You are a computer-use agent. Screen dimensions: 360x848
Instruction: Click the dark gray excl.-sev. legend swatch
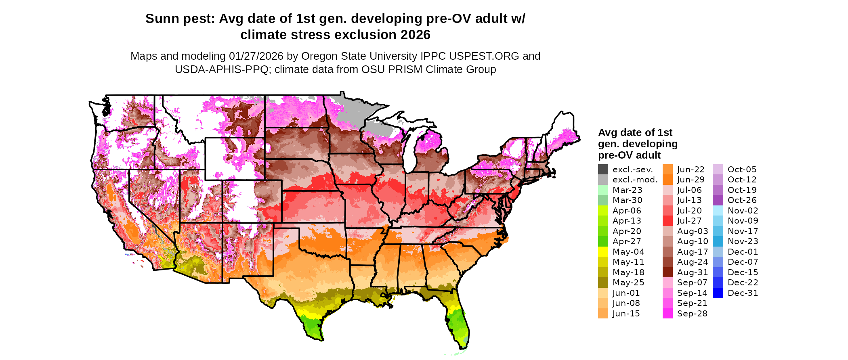coord(603,170)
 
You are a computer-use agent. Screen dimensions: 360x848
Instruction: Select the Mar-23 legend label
coord(627,190)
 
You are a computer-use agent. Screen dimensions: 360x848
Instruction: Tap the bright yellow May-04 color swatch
coord(603,252)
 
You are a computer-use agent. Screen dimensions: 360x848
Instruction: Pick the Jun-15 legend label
coord(626,314)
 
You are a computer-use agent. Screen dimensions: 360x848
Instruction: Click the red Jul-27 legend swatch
coord(667,221)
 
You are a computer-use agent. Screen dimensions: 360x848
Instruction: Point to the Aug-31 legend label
coord(692,272)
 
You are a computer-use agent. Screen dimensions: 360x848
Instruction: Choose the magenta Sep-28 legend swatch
coord(667,314)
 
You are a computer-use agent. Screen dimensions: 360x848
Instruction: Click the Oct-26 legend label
coord(742,200)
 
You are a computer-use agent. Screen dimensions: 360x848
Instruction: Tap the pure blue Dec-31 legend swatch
coord(718,293)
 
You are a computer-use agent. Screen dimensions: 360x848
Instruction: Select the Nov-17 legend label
coord(743,231)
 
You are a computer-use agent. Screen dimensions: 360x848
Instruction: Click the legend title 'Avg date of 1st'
coord(635,133)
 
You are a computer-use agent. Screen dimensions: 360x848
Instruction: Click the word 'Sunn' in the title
coord(160,19)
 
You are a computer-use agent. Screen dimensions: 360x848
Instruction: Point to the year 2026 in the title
coord(416,35)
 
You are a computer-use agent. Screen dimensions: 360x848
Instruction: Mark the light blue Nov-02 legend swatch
coord(718,211)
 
